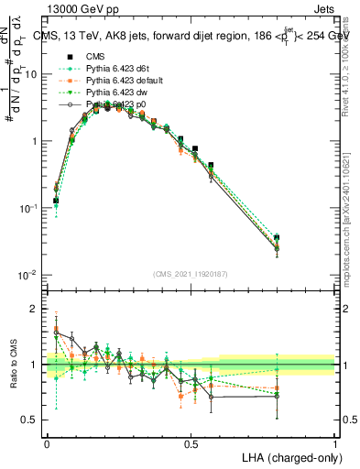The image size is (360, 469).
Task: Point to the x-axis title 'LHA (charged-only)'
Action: click(x=287, y=456)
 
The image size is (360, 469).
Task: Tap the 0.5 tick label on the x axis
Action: click(x=191, y=442)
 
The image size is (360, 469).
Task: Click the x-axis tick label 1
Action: click(x=335, y=442)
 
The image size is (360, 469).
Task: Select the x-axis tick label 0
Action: click(x=47, y=442)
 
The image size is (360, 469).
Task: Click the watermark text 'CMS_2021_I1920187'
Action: click(x=191, y=273)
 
